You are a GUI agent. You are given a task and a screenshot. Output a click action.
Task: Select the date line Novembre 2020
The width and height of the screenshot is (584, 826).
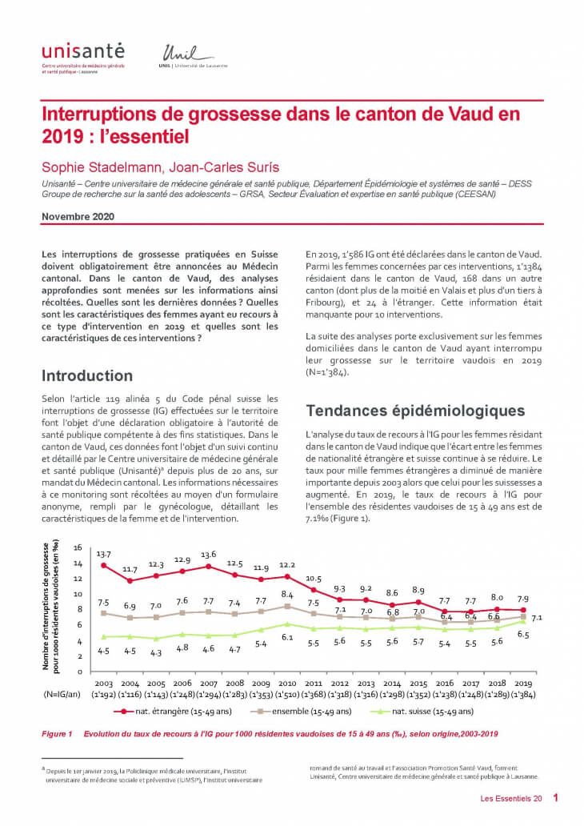[x=78, y=216]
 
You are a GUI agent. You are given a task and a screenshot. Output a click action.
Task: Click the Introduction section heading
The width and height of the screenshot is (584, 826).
[x=87, y=375]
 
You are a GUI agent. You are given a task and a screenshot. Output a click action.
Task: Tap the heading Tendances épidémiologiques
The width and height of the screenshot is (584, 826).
[x=415, y=411]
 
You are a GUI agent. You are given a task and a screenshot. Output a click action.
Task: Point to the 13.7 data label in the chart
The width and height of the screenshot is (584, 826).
[x=103, y=554]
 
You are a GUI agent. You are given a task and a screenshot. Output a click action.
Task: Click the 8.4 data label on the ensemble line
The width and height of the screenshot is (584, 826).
[x=287, y=594]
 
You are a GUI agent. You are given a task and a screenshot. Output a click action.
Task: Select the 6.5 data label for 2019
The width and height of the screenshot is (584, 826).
[x=524, y=634]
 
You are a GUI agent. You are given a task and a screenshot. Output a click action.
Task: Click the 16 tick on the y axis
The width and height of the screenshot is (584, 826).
[x=78, y=548]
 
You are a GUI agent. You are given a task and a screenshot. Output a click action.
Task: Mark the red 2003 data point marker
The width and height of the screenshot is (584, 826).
[x=103, y=566]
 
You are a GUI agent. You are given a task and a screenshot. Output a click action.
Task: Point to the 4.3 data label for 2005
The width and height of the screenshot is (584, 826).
[x=157, y=652]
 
